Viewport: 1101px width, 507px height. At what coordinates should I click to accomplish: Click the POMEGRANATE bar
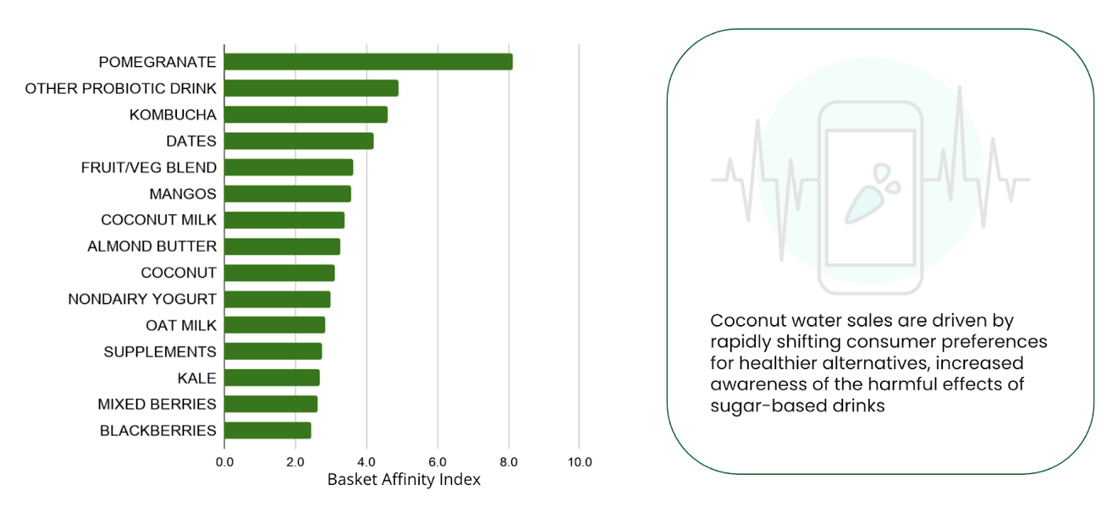pyautogui.click(x=368, y=61)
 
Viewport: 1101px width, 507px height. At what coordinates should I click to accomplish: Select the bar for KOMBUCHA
pyautogui.click(x=306, y=114)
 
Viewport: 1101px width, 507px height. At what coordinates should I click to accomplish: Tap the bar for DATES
pyautogui.click(x=299, y=141)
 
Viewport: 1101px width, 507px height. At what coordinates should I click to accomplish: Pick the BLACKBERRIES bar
pyautogui.click(x=267, y=431)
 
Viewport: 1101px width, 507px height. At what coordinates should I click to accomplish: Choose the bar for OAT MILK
pyautogui.click(x=274, y=325)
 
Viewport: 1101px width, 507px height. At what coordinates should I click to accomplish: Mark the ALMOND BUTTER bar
pyautogui.click(x=282, y=246)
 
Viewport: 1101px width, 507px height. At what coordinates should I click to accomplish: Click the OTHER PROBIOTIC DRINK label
pyautogui.click(x=120, y=88)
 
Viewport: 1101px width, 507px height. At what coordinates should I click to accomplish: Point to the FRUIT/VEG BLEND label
pyautogui.click(x=149, y=167)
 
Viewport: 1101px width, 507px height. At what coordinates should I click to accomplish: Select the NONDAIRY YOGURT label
pyautogui.click(x=142, y=299)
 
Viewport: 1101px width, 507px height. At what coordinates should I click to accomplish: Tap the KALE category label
pyautogui.click(x=197, y=378)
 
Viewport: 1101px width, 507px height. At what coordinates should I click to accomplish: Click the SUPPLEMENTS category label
pyautogui.click(x=160, y=351)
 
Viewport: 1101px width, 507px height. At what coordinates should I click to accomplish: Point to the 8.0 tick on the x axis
pyautogui.click(x=508, y=461)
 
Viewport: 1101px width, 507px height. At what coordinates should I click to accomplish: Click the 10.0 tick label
pyautogui.click(x=579, y=461)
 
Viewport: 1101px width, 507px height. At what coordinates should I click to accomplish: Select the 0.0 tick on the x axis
pyautogui.click(x=224, y=461)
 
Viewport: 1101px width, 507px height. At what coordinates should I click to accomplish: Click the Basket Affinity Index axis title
pyautogui.click(x=403, y=479)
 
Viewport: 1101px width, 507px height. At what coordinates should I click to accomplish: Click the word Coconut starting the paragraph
pyautogui.click(x=744, y=321)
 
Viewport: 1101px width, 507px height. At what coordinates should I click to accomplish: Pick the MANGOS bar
pyautogui.click(x=288, y=194)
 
